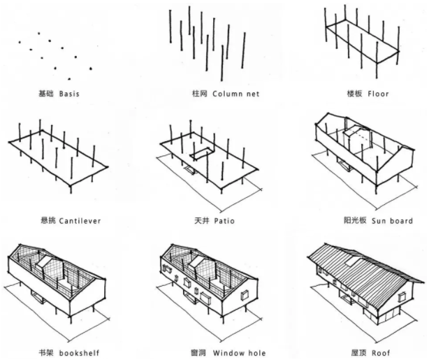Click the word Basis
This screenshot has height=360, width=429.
click(x=69, y=93)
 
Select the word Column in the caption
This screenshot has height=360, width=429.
click(x=226, y=94)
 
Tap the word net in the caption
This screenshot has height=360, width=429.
click(x=252, y=94)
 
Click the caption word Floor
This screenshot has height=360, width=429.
click(x=378, y=93)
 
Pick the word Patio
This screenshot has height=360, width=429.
click(x=223, y=221)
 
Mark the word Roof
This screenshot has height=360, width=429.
click(x=378, y=353)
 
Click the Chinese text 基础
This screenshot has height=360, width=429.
click(x=48, y=93)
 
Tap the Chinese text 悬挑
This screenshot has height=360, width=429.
click(x=49, y=221)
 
